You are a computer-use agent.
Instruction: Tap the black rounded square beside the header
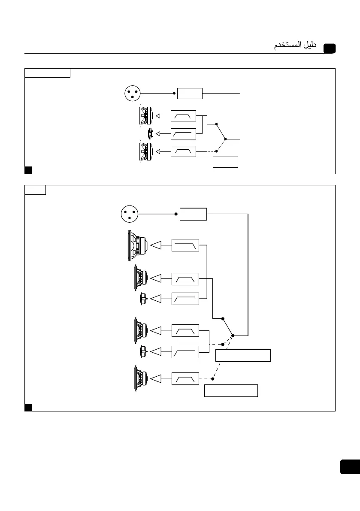[x=330, y=48]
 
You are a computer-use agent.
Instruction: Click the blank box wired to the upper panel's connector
[x=190, y=93]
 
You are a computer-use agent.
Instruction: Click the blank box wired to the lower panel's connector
[x=193, y=214]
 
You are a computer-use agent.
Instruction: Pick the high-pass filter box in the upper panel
[x=183, y=134]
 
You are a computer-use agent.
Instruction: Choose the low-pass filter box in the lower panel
[x=185, y=245]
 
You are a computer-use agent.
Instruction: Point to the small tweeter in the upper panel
[x=150, y=134]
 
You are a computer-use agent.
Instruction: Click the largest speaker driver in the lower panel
[x=137, y=246]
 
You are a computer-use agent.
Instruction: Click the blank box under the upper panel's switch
[x=225, y=162]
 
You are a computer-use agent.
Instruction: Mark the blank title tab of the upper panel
[x=47, y=73]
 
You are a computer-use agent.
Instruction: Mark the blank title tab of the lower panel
[x=35, y=190]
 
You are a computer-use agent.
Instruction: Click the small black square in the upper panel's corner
[x=28, y=170]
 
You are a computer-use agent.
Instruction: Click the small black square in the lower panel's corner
[x=28, y=407]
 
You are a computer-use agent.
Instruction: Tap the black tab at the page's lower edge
[x=350, y=467]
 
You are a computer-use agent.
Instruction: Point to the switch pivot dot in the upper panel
[x=225, y=139]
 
